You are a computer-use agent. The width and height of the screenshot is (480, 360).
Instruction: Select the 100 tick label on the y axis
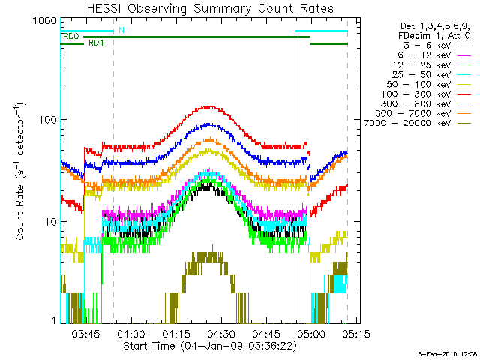pos(47,120)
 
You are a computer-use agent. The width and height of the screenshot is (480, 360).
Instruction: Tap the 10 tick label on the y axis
pos(49,222)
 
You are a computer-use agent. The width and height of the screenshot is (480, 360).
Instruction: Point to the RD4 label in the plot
pos(96,43)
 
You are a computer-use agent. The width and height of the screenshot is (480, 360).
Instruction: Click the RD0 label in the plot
pos(71,36)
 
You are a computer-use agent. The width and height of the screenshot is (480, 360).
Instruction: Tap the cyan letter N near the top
pos(121,30)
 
